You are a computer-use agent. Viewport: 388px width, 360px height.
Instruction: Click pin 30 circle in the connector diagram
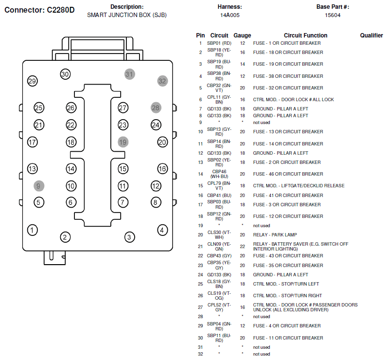[65, 74]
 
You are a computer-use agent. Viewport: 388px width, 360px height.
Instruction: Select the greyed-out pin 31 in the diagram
[129, 74]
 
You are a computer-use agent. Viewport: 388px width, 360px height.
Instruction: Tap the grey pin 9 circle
[39, 186]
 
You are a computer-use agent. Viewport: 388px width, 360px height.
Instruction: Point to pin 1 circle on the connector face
[32, 230]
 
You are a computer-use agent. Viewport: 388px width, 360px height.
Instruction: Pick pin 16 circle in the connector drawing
[162, 169]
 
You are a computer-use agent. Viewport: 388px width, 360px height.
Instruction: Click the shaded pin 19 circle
[123, 142]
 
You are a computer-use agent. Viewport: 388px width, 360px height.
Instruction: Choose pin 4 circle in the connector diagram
[162, 230]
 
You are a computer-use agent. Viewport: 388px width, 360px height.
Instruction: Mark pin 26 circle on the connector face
[71, 108]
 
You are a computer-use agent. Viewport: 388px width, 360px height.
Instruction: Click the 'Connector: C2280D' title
[39, 10]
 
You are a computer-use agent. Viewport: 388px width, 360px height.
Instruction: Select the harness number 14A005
[230, 15]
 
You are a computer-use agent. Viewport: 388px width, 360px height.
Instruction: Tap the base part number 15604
[333, 15]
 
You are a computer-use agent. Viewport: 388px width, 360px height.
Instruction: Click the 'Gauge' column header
[242, 36]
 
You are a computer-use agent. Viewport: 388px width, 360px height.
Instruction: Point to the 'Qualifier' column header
[371, 36]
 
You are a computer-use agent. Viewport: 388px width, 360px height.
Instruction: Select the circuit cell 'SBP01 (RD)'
[219, 43]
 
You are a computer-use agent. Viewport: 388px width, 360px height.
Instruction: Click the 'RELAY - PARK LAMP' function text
[275, 234]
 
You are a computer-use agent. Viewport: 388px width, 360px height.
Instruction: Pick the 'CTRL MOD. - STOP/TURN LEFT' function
[286, 284]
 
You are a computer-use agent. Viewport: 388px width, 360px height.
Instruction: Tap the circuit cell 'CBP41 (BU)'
[219, 196]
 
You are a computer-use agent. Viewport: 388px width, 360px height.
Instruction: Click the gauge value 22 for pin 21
[243, 246]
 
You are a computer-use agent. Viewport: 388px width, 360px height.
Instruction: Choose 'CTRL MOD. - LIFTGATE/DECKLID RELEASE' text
[299, 186]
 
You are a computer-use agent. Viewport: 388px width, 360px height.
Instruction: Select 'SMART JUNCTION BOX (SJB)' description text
[127, 15]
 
